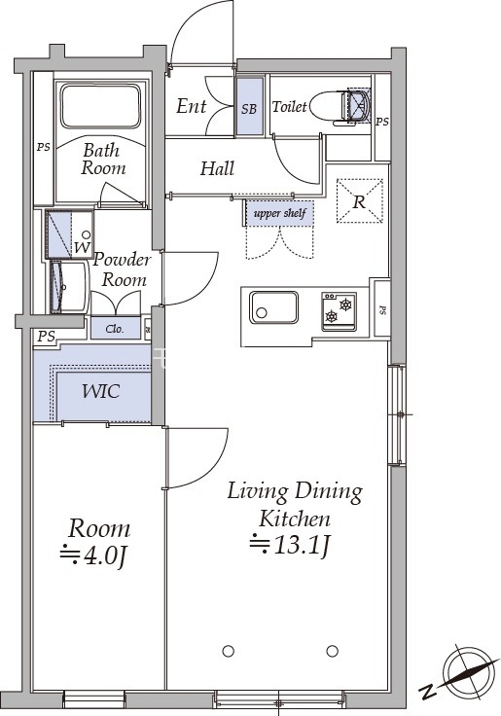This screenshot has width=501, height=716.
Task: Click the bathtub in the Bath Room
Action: (100, 106)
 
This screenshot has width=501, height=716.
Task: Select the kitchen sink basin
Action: (273, 306)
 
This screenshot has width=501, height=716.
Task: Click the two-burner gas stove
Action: (339, 311)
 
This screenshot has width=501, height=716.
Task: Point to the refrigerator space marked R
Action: (359, 201)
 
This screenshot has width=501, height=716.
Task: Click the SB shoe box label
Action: (249, 109)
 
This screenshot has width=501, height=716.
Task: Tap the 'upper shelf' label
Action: (279, 213)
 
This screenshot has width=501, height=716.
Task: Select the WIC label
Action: (101, 391)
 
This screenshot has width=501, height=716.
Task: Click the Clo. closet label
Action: (115, 329)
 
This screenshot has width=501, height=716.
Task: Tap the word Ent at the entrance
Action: (192, 106)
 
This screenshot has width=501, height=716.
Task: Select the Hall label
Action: (217, 168)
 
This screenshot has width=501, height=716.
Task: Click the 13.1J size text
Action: (290, 545)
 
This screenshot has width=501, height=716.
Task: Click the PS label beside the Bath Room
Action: (44, 148)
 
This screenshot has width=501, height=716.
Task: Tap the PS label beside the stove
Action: (382, 310)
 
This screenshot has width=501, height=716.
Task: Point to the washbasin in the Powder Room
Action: (67, 287)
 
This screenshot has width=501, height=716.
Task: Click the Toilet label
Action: (289, 107)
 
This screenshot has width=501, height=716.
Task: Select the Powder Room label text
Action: (122, 269)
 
